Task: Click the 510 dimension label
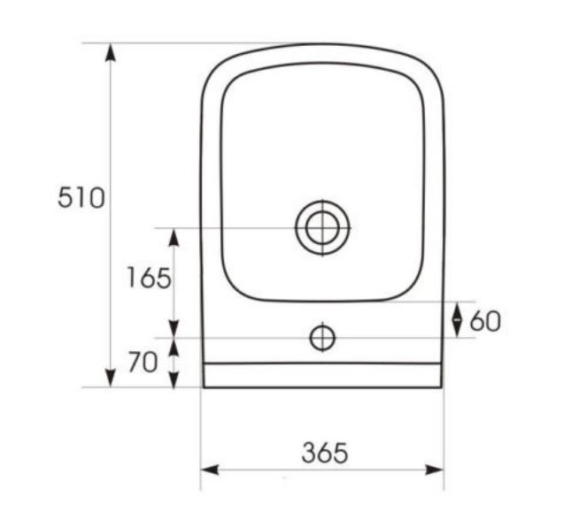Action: click(81, 197)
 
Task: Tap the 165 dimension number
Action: click(149, 278)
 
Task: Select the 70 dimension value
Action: click(143, 362)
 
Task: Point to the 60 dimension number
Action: click(486, 321)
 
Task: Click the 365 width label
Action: click(325, 453)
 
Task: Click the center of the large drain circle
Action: click(322, 228)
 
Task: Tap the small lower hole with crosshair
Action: click(322, 338)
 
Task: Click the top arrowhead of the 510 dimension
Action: click(111, 52)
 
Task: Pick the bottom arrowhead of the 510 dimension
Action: click(111, 379)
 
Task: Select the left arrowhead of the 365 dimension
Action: click(210, 470)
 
